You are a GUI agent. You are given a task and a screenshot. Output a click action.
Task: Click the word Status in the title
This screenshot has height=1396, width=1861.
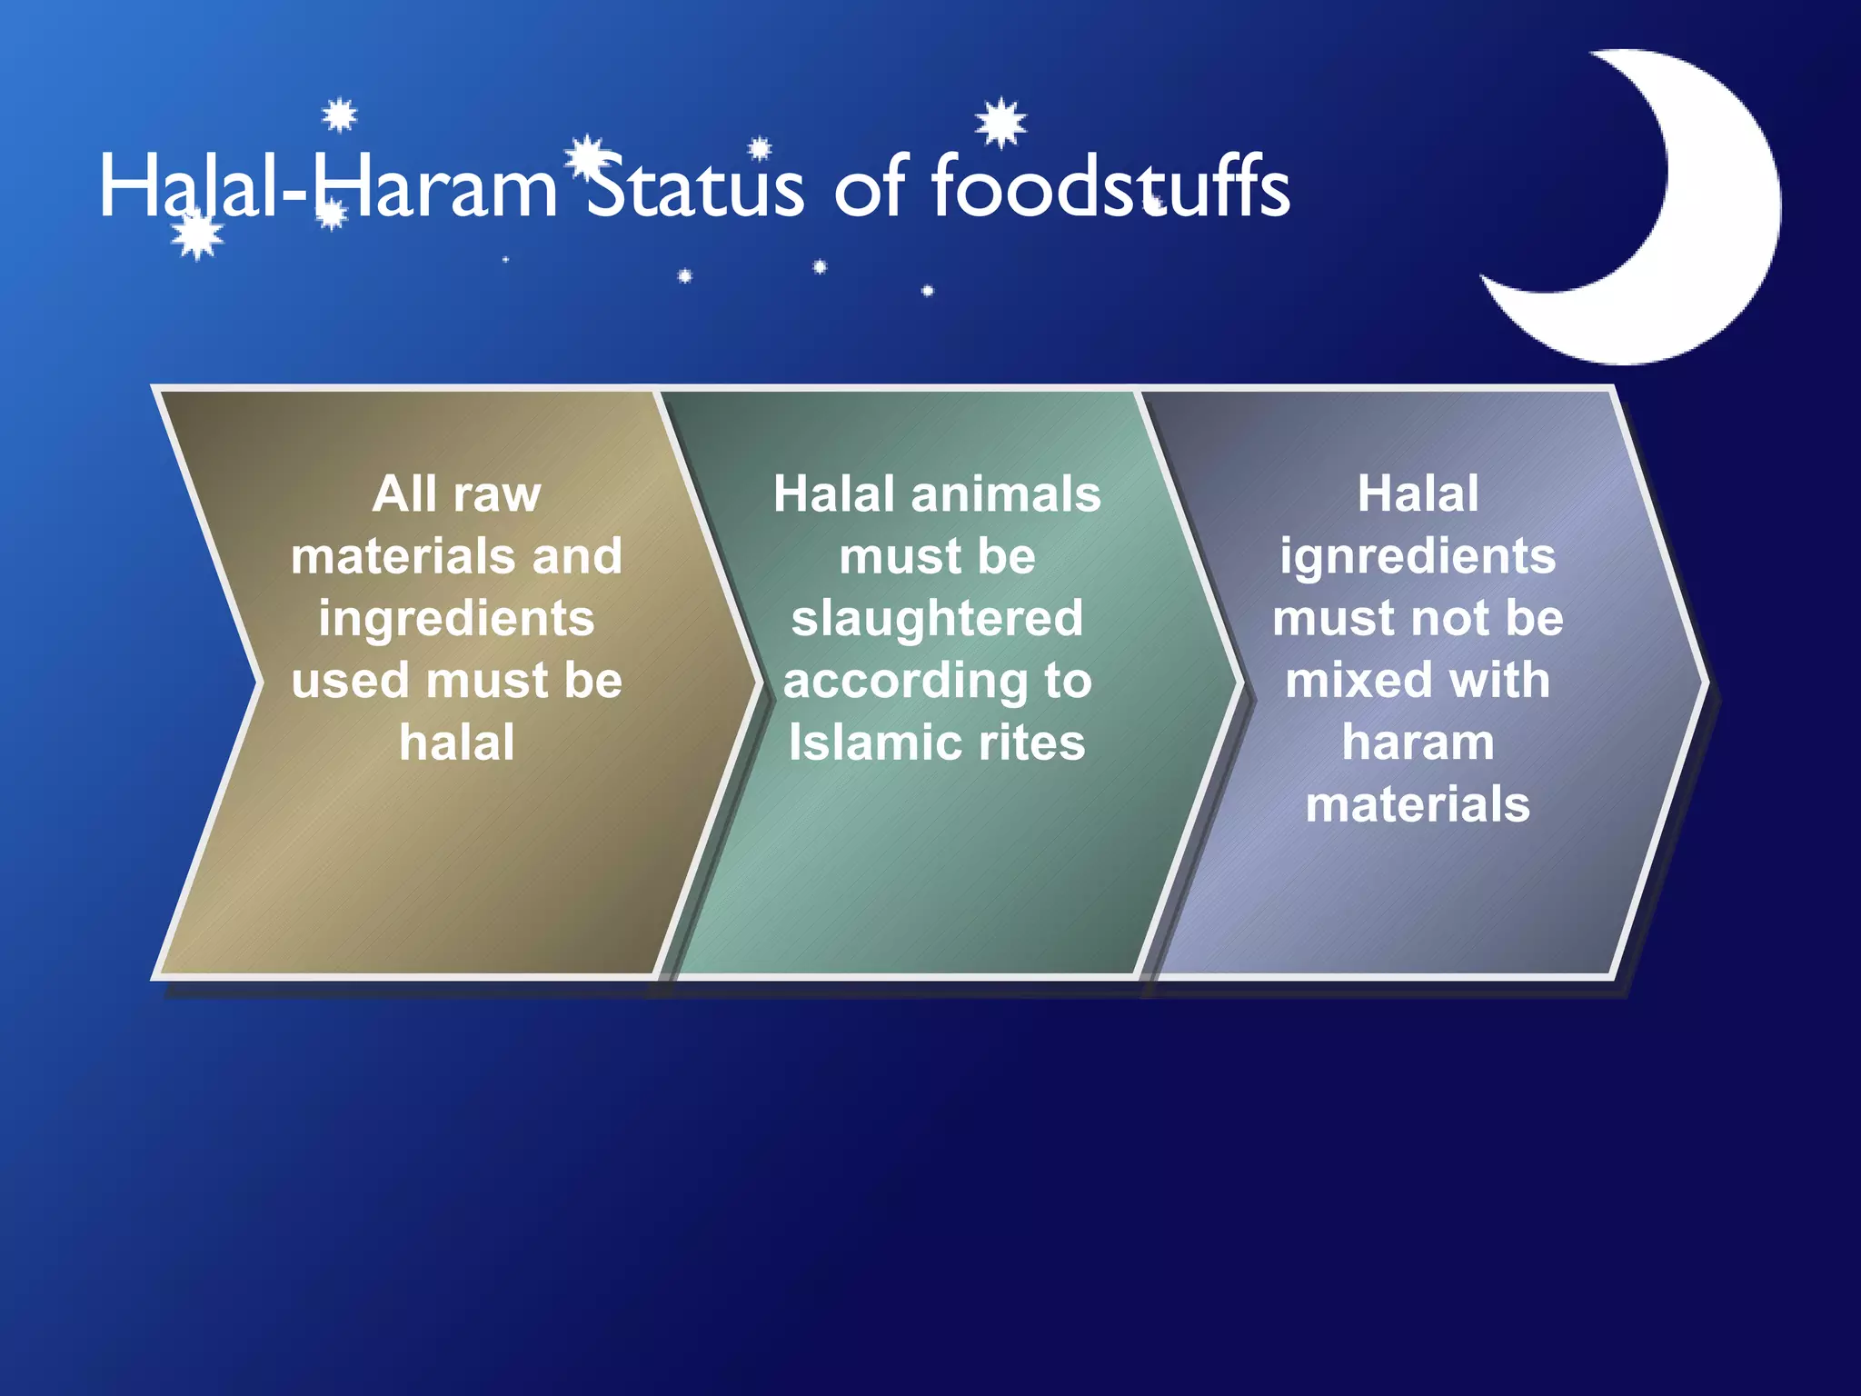click(x=695, y=188)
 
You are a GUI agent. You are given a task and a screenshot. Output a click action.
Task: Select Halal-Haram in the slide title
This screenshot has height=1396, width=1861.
click(x=327, y=188)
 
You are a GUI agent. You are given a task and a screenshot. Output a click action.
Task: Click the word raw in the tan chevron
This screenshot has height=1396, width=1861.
click(x=497, y=495)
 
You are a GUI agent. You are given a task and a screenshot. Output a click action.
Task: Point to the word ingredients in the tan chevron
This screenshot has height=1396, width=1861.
click(x=456, y=619)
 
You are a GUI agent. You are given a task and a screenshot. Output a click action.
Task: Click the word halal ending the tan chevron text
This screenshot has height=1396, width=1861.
click(x=456, y=743)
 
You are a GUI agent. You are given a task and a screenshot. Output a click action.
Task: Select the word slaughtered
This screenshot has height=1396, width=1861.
click(x=937, y=619)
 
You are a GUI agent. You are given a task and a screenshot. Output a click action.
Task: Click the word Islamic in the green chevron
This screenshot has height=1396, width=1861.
click(x=863, y=743)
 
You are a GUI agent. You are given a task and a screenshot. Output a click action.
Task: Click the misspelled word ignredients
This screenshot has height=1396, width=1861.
click(x=1418, y=557)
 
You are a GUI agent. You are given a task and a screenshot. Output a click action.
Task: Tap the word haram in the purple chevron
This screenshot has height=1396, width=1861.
click(x=1418, y=743)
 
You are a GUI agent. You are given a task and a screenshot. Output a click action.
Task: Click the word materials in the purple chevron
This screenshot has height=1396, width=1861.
click(x=1418, y=805)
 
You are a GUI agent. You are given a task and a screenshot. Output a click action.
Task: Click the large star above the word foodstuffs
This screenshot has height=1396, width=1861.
click(x=1000, y=123)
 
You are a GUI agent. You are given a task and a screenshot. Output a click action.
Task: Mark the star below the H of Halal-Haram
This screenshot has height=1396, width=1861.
click(x=197, y=234)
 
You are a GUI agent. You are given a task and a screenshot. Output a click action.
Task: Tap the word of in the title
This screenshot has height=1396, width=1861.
click(x=870, y=188)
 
